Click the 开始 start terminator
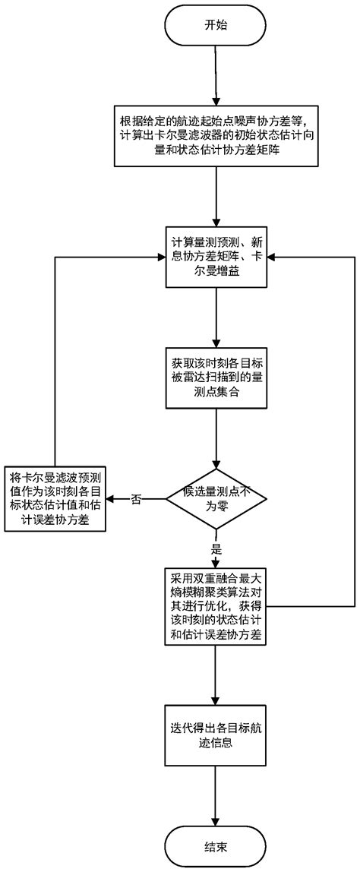pos(216,25)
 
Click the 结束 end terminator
pos(216,845)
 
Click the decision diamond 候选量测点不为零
pos(216,498)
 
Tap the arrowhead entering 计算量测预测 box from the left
pos(161,257)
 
